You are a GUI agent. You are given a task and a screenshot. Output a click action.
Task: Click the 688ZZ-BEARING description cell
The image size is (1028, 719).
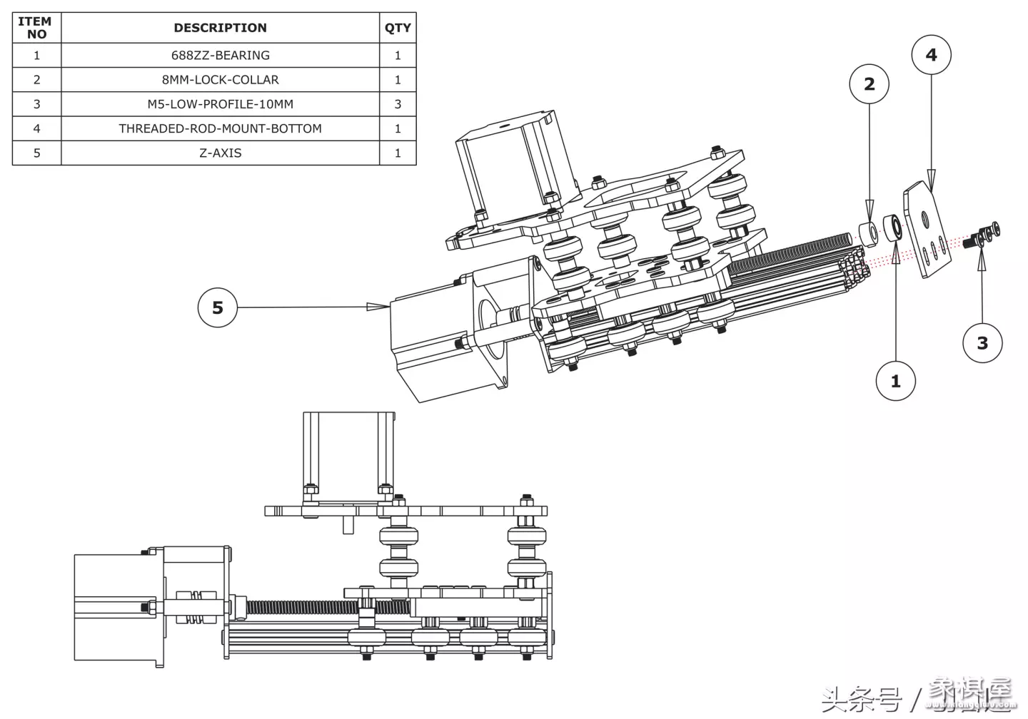[x=220, y=56]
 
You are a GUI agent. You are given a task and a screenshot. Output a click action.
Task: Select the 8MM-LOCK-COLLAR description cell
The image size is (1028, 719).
[x=220, y=80]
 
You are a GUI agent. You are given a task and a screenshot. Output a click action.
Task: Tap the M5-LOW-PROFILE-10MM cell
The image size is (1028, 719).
[x=220, y=104]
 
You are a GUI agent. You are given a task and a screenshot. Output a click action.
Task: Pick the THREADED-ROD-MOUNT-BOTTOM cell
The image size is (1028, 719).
[x=220, y=128]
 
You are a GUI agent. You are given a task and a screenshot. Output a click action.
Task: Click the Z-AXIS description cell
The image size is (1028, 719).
[x=220, y=153]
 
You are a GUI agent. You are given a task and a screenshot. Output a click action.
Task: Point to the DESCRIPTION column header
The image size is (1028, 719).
[x=220, y=28]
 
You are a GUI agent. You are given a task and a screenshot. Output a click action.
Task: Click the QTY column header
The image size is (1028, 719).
[x=398, y=28]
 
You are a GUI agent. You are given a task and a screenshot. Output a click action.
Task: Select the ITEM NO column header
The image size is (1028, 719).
[x=36, y=28]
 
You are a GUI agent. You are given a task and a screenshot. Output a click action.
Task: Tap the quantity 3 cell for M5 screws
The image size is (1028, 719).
[x=398, y=104]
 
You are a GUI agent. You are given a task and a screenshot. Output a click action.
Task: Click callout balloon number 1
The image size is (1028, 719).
[x=895, y=382]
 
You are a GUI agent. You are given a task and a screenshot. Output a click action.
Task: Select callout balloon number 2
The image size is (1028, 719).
[x=869, y=84]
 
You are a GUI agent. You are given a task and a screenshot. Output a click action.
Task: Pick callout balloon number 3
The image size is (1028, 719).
[x=982, y=343]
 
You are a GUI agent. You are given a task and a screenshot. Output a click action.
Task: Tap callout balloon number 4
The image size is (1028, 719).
[x=932, y=55]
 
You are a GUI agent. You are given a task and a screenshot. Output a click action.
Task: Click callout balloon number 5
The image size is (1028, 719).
[x=217, y=307]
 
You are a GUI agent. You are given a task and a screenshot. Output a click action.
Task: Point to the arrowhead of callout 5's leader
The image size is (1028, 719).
[x=378, y=307]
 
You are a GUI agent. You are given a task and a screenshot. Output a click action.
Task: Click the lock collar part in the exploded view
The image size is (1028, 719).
[x=868, y=231]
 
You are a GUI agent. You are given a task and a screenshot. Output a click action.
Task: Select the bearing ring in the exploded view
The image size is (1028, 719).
[x=893, y=228]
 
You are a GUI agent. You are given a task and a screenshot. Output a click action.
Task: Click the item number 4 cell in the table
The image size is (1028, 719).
[x=36, y=128]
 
